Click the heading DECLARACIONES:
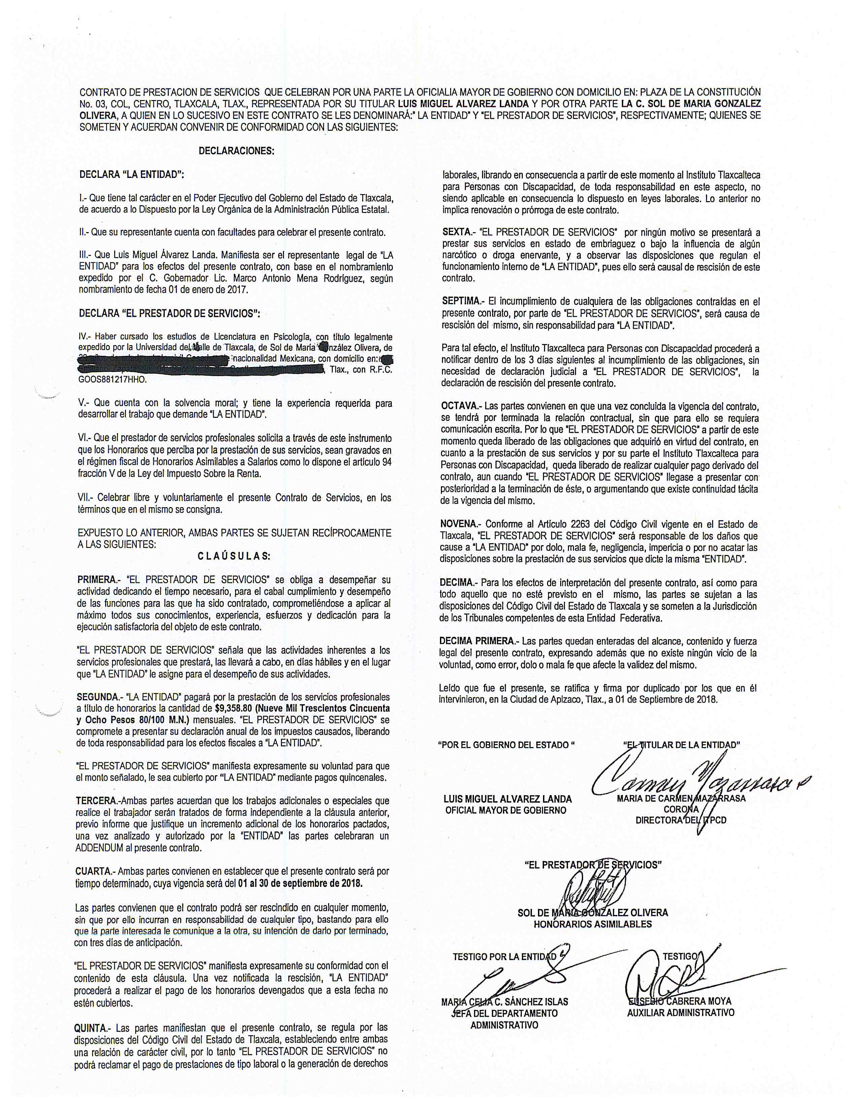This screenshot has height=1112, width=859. (236, 151)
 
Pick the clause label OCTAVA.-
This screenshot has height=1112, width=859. (460, 406)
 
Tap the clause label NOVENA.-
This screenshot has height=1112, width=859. (460, 524)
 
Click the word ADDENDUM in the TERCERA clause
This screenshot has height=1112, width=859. (99, 848)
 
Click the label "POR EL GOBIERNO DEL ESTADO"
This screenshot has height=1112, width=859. (506, 745)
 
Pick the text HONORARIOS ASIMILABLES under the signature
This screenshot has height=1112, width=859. (592, 924)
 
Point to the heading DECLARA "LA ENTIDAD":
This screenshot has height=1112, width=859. (131, 175)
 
